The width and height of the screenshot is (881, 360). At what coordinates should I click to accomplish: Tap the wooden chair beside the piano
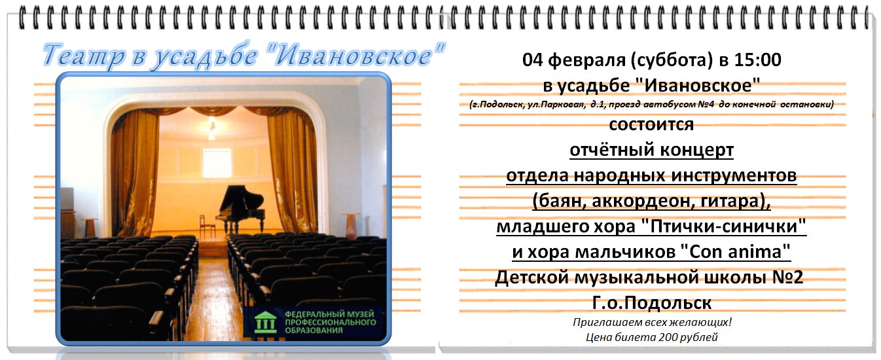[x=206, y=226]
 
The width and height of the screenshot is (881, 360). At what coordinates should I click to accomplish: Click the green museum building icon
[x=265, y=322]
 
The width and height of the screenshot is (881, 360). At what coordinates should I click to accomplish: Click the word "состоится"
[x=651, y=125]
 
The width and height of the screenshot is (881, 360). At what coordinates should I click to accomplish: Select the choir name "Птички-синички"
[x=724, y=227]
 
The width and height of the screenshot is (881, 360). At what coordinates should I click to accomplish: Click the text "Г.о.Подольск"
[x=651, y=303]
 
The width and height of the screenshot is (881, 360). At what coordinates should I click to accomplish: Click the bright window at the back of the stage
[x=217, y=163]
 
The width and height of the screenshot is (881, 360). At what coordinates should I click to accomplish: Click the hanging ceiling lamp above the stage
[x=212, y=128]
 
